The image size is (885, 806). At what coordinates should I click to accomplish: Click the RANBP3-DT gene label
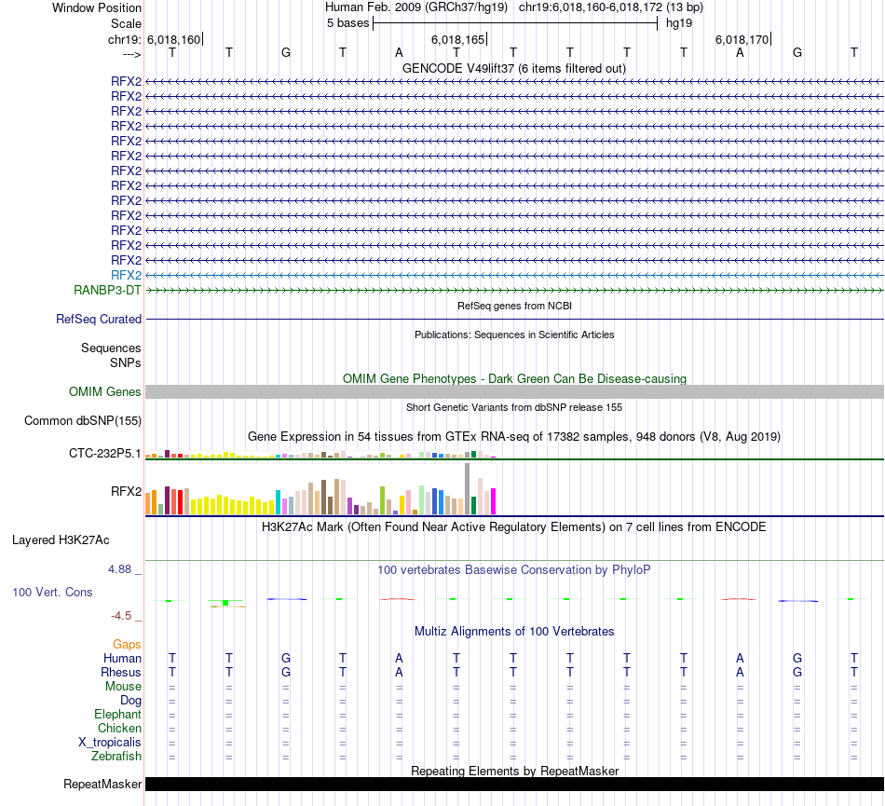click(x=108, y=290)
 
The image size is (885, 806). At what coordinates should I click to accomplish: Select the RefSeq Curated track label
click(x=99, y=319)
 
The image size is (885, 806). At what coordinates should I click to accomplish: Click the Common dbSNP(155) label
click(x=83, y=420)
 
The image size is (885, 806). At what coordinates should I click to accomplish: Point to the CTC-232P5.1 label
click(x=105, y=454)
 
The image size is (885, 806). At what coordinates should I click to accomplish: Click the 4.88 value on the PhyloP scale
click(x=125, y=567)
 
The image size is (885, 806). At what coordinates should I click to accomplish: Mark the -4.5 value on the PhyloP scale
click(x=127, y=616)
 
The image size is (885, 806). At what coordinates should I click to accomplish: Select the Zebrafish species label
click(x=116, y=756)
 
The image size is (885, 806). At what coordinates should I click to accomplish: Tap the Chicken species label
click(x=119, y=728)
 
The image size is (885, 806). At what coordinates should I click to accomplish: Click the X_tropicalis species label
click(x=110, y=742)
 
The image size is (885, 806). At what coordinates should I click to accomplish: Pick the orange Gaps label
click(x=127, y=644)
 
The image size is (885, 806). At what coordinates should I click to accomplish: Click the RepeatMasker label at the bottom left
click(x=102, y=784)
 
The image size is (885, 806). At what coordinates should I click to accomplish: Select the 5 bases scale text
click(x=347, y=23)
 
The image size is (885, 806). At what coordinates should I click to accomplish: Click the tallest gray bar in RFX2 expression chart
click(x=467, y=488)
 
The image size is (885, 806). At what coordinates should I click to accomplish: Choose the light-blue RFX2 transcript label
click(x=126, y=275)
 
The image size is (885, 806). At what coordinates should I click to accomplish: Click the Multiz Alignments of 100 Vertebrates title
click(x=514, y=631)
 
